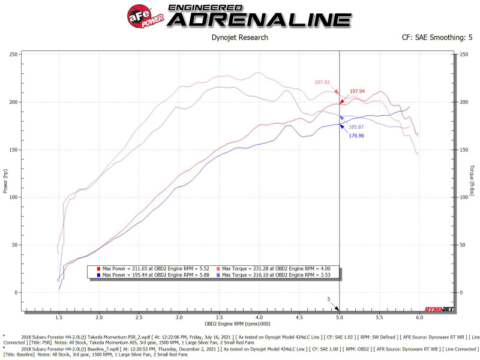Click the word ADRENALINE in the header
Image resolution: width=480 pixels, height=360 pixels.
click(x=259, y=19)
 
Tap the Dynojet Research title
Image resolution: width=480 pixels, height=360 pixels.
click(x=240, y=37)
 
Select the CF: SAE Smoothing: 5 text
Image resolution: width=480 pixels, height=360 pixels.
click(x=437, y=37)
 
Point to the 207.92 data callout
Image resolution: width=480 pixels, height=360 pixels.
click(x=322, y=82)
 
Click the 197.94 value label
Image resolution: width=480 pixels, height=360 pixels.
click(x=358, y=91)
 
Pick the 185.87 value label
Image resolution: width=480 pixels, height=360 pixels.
click(x=356, y=127)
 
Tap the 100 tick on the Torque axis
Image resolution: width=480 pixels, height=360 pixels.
click(x=463, y=197)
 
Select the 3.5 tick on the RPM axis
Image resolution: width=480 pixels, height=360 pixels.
click(x=219, y=317)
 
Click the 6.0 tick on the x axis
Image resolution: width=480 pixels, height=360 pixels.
click(x=419, y=317)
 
